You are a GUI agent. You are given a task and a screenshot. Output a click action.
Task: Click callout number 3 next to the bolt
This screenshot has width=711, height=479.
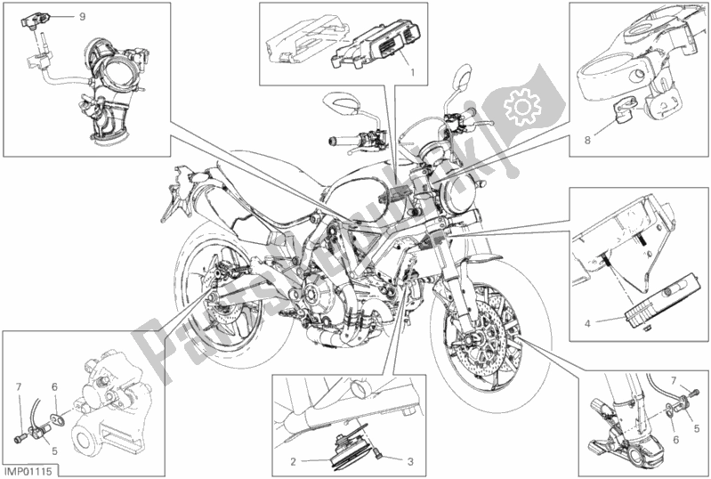[x=411, y=461]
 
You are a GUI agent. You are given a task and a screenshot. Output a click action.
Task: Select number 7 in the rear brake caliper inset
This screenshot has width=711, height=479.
[x=18, y=386]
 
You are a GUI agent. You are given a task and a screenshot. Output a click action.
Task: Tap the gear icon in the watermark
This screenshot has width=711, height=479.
[x=519, y=110]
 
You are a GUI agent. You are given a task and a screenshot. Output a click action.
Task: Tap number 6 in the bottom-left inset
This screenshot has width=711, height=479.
[x=54, y=386]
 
